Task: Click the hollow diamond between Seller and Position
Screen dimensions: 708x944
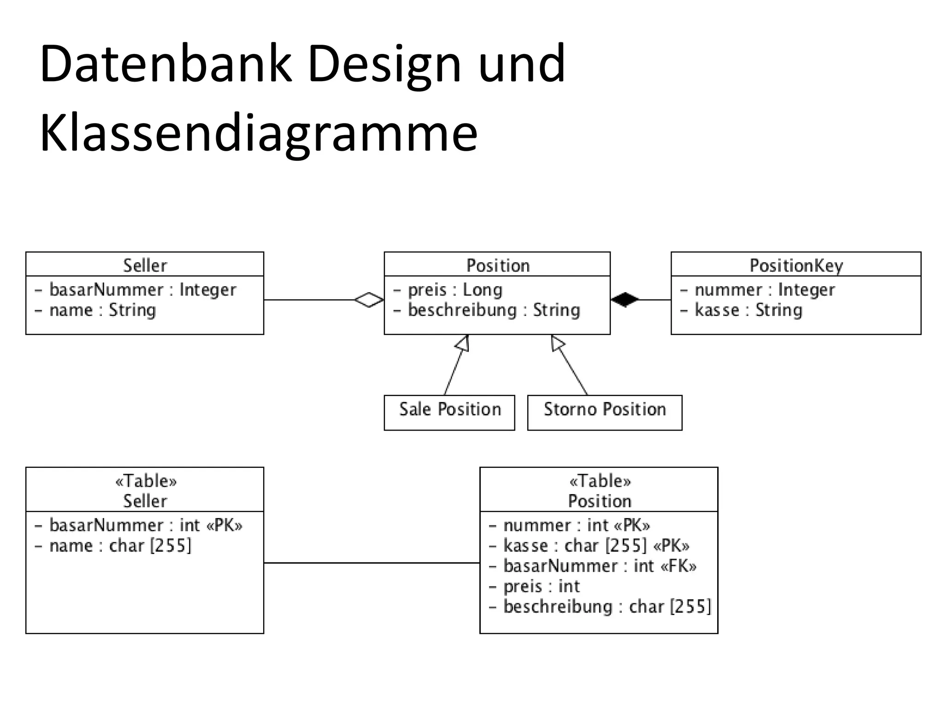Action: click(x=369, y=300)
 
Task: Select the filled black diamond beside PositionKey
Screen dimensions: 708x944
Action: click(x=625, y=300)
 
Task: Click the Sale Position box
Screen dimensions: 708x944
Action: click(x=449, y=412)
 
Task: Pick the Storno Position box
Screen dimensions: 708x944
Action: click(x=604, y=412)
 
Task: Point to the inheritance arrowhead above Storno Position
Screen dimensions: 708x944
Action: click(x=557, y=343)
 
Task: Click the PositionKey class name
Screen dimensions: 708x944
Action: click(x=796, y=265)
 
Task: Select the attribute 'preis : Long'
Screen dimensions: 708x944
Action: click(x=454, y=290)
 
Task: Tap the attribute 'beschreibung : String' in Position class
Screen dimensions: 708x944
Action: click(x=493, y=310)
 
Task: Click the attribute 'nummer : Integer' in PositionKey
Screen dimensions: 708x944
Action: click(x=764, y=290)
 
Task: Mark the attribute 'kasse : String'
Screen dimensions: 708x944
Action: click(x=748, y=310)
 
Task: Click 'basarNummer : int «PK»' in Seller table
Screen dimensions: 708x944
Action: click(x=145, y=525)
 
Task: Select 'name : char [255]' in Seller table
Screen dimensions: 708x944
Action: click(x=120, y=546)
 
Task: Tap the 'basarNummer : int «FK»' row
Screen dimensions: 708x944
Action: click(x=599, y=566)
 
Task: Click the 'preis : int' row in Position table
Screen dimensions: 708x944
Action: click(x=541, y=586)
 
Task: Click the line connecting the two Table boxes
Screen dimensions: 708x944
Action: click(x=372, y=563)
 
